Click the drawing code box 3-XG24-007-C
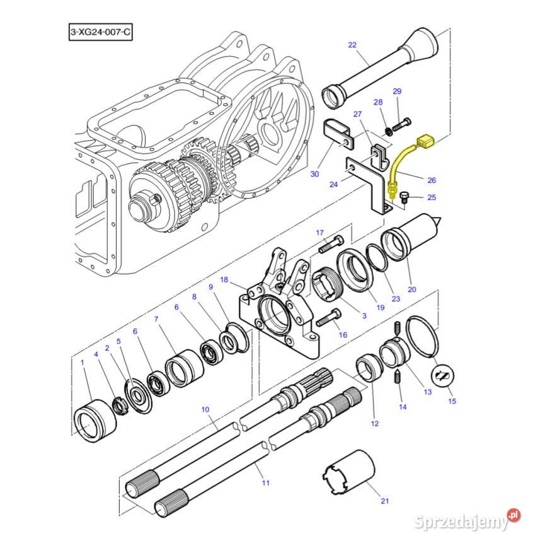coord(101,32)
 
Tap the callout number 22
coord(352,45)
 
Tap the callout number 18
coord(224,279)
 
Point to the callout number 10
coord(205,410)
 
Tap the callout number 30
coord(315,174)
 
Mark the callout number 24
coord(334,185)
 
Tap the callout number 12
coord(375,423)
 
